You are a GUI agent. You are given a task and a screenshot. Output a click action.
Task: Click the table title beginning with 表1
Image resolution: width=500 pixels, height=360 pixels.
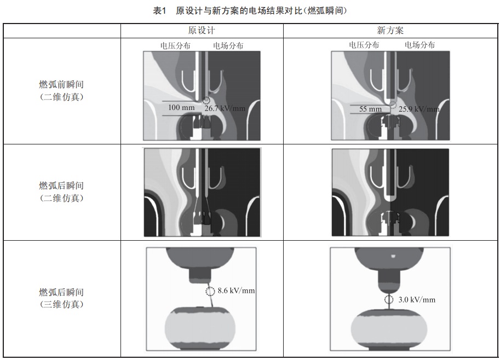(250, 11)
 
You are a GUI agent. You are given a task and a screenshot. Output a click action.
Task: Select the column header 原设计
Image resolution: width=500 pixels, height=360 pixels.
(202, 31)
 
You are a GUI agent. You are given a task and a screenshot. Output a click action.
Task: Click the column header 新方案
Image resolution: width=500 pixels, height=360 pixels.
(390, 31)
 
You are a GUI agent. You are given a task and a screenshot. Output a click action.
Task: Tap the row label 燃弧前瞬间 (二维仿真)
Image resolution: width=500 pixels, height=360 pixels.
(61, 90)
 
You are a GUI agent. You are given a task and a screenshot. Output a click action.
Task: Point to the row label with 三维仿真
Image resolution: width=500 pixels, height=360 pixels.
(61, 298)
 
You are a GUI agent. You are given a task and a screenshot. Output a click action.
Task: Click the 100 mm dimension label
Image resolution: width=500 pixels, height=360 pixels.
(181, 108)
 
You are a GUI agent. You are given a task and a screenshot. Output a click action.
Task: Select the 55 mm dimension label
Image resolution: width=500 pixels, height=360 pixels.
(371, 109)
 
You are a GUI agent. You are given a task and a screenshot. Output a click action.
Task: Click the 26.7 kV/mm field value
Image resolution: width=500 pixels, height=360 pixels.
(225, 108)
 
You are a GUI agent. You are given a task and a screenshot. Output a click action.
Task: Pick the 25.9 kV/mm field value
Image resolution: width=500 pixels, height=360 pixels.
(419, 109)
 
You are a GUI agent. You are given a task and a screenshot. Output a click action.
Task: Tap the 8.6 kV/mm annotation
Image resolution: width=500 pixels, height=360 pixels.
(236, 291)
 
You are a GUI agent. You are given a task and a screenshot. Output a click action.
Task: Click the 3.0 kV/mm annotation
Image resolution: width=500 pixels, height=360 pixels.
(417, 300)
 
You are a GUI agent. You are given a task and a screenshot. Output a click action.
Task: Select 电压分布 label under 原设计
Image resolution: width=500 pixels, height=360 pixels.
(175, 45)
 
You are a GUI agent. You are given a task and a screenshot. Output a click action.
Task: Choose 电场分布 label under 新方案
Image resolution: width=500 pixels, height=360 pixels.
(419, 45)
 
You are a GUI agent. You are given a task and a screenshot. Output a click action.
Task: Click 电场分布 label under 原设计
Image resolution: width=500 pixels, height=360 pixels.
(228, 45)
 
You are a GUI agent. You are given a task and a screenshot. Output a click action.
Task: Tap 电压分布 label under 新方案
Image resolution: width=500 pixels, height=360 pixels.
(364, 45)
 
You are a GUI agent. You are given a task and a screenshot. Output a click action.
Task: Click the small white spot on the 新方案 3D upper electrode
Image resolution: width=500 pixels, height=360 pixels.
(393, 256)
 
